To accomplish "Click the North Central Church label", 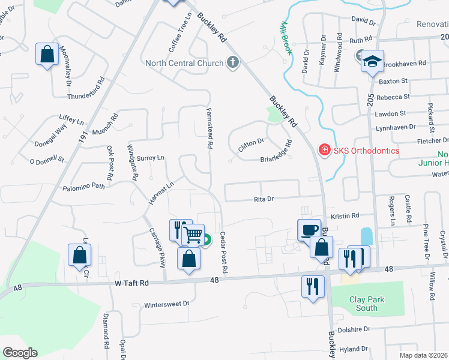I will click(184, 63).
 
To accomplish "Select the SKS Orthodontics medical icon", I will click(324, 150).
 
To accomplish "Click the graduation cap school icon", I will click(372, 61).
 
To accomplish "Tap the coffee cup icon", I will click(310, 230).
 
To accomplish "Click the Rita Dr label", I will click(264, 199).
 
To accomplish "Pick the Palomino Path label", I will click(83, 187).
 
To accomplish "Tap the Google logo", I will click(20, 353).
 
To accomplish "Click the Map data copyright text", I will click(424, 355).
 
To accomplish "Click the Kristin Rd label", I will click(345, 215).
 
